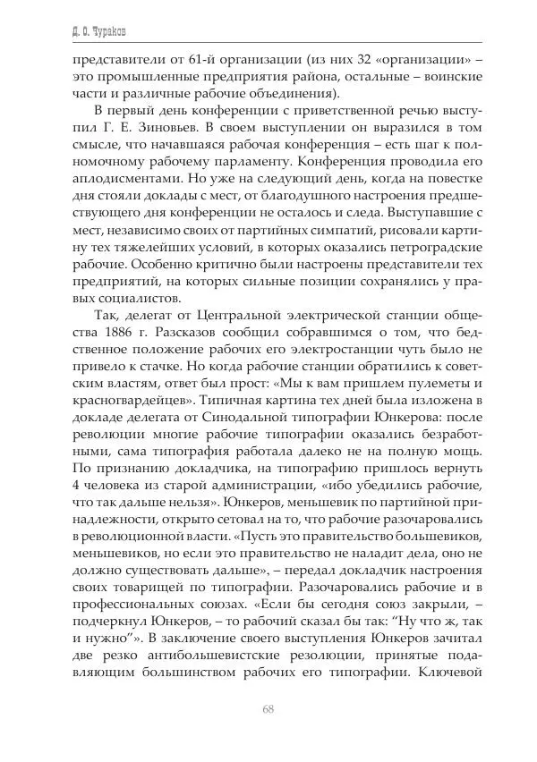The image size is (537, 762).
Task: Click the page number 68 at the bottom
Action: tap(268, 709)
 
